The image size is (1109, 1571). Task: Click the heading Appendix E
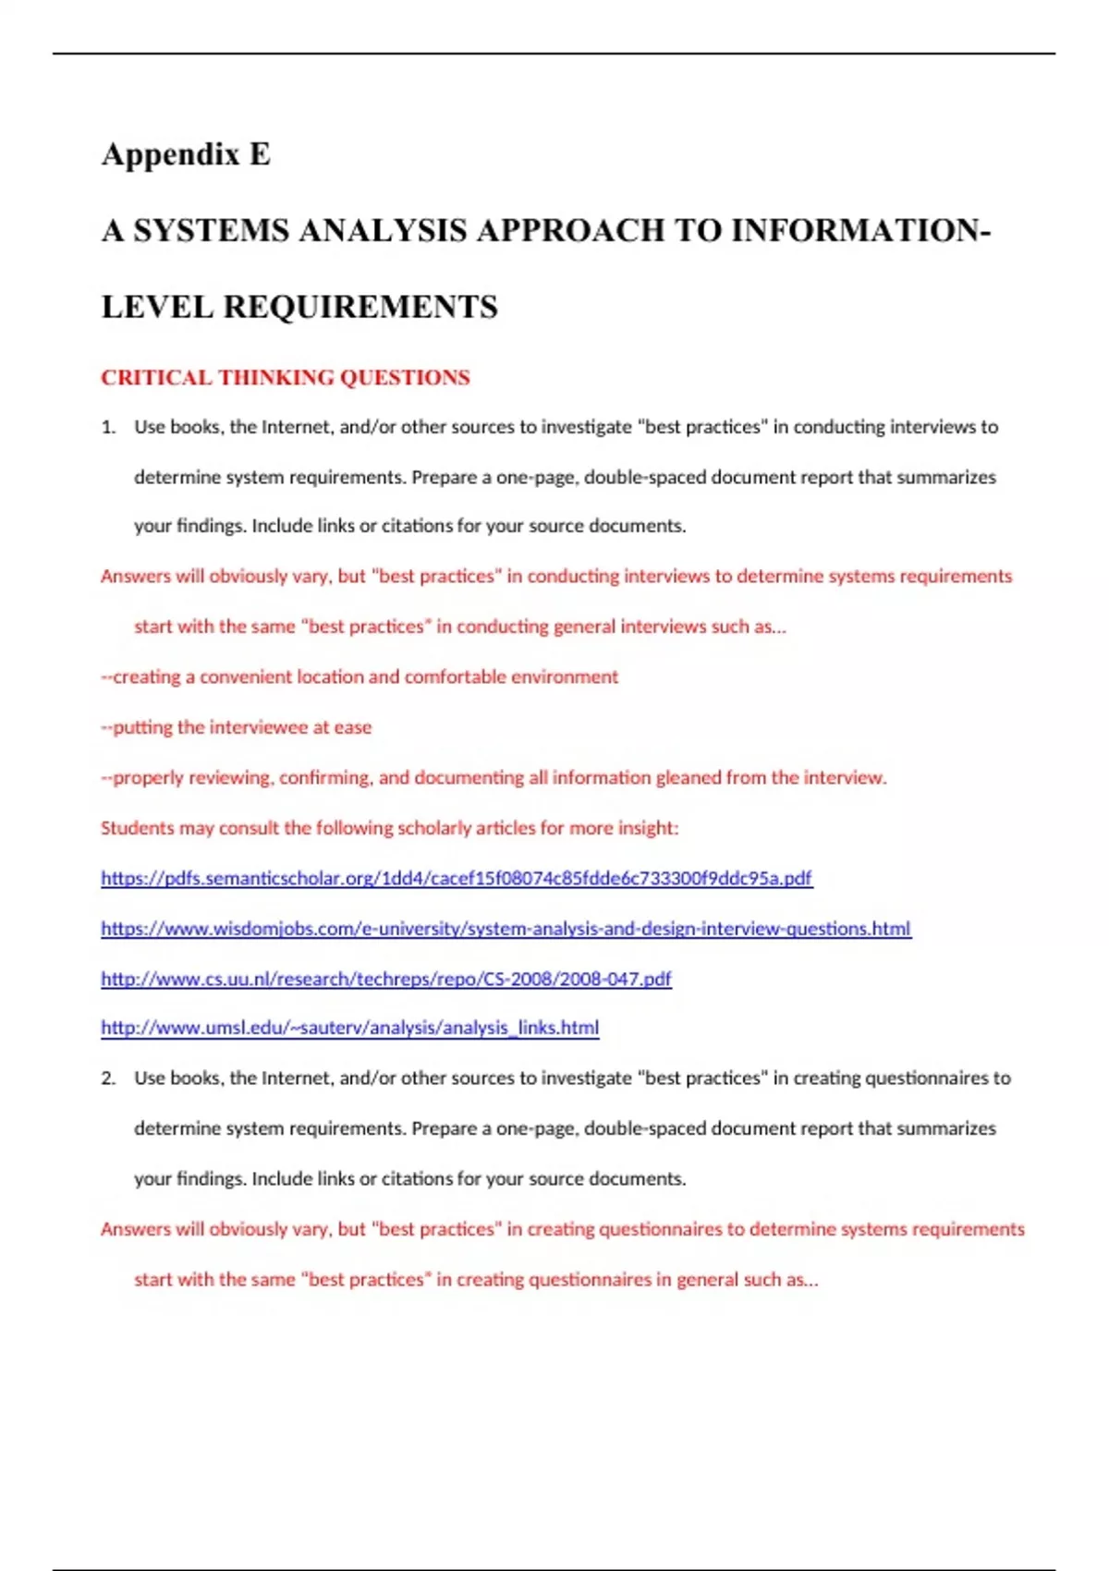pos(186,153)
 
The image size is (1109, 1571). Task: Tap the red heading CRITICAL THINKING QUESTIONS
pos(286,377)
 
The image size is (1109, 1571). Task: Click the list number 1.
pos(108,427)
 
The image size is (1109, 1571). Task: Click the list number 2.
pos(108,1078)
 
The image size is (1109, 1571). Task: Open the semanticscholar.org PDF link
pos(457,878)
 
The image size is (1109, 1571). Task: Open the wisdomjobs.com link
pos(506,928)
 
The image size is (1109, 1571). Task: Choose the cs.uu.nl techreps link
pos(386,978)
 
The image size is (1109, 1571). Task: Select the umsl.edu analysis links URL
pos(349,1028)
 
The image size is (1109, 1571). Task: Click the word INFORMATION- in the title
pos(860,230)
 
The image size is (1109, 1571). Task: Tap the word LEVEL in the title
pos(157,307)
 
